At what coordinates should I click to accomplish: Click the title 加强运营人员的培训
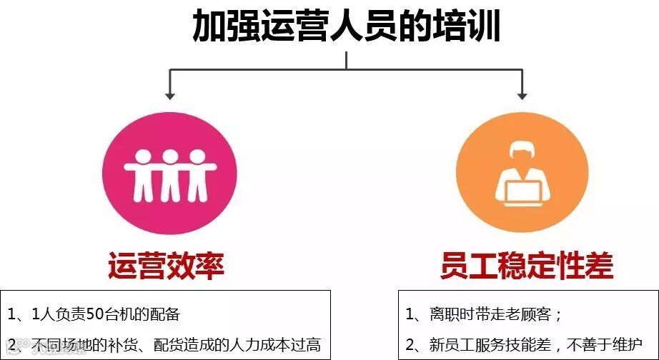pos(346,27)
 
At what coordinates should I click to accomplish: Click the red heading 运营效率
pos(167,266)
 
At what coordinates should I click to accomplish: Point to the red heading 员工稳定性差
pos(527,266)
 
